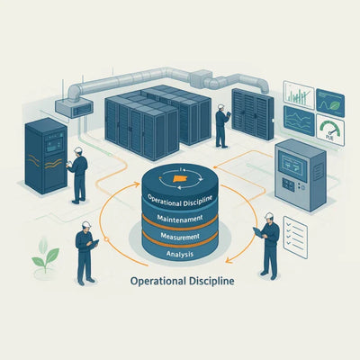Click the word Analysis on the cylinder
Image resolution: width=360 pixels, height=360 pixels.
[x=180, y=255]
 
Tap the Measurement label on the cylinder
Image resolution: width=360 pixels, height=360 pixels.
[x=180, y=236]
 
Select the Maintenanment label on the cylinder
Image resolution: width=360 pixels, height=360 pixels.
[x=180, y=218]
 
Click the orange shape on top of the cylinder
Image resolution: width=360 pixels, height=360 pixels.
[x=179, y=179]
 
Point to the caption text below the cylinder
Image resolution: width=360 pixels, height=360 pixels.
[x=183, y=281]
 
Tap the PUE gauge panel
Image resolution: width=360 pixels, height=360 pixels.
[x=330, y=130]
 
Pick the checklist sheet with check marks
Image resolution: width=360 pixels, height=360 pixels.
[x=295, y=238]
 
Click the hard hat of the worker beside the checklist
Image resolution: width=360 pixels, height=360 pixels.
[x=269, y=216]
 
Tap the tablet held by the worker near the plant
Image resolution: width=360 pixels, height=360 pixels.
[x=94, y=243]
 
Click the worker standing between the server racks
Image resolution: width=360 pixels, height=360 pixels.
[x=222, y=126]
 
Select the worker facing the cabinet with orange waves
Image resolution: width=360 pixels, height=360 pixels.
[x=78, y=175]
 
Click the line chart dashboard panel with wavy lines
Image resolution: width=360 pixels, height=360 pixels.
[x=299, y=121]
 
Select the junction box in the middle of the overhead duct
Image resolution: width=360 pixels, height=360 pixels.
[x=201, y=77]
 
